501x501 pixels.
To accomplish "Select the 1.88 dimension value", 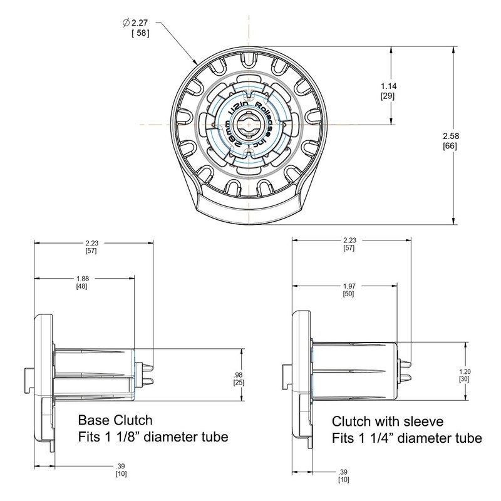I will (x=82, y=278).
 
